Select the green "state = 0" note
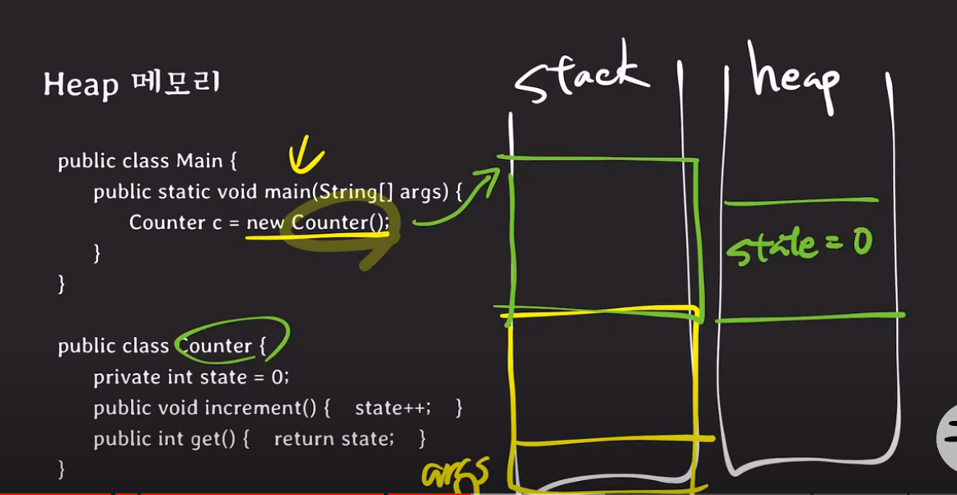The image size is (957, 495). (798, 246)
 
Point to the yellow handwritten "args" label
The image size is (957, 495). (455, 474)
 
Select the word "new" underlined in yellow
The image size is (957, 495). (265, 222)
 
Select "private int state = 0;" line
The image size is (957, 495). (191, 377)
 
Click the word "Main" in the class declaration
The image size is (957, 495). (194, 161)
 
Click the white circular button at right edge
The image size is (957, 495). (947, 437)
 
